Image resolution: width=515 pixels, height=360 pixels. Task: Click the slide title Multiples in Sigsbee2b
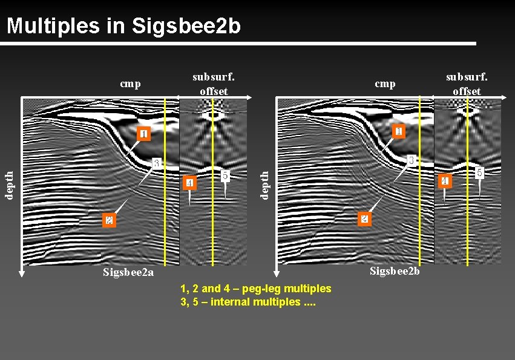(x=124, y=25)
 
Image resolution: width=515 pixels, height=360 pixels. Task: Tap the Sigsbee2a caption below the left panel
(x=128, y=272)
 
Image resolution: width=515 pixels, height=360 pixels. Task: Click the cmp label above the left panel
(x=131, y=84)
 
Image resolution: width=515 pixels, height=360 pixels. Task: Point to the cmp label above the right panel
(x=385, y=84)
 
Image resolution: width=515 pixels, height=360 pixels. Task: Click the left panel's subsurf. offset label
(x=214, y=84)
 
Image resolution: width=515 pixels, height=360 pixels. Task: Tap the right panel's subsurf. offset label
(x=467, y=84)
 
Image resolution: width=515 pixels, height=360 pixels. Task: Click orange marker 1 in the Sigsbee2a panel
(x=143, y=134)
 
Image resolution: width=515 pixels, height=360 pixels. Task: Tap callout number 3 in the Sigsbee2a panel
(x=156, y=163)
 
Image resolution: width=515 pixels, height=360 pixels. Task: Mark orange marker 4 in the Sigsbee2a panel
(x=189, y=183)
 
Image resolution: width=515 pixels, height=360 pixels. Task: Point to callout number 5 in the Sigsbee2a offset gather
(x=225, y=175)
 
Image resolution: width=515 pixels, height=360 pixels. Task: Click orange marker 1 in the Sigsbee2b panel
(x=398, y=131)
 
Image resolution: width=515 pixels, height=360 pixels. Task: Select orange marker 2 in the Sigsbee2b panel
(x=363, y=218)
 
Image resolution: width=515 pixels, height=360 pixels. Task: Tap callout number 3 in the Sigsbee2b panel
(x=411, y=160)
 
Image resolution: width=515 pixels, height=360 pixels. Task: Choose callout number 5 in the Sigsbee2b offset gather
(x=479, y=172)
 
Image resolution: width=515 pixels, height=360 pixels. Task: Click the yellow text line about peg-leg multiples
(x=256, y=289)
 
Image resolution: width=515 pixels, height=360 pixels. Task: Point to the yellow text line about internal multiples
(x=248, y=302)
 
